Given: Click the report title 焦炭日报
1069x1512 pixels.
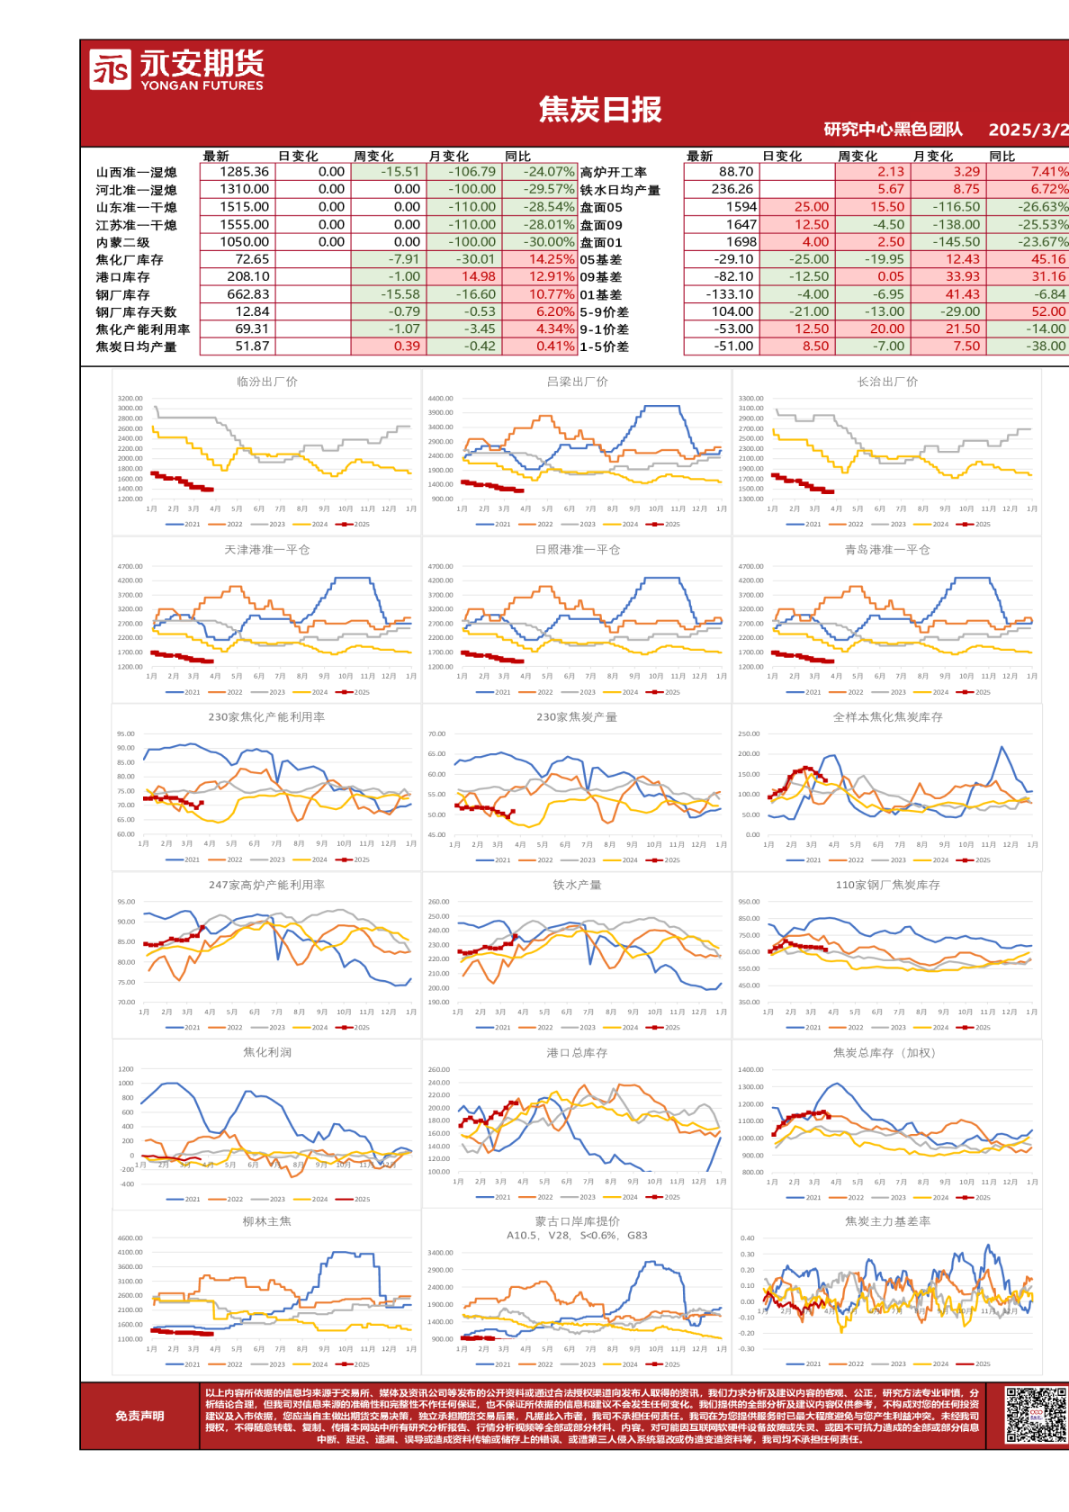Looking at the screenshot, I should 600,110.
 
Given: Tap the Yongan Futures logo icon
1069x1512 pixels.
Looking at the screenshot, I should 110,69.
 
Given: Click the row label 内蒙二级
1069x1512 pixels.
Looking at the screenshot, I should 122,242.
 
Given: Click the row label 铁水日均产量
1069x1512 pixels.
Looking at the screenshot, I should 620,190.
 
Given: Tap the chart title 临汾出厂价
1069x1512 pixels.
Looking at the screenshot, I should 266,382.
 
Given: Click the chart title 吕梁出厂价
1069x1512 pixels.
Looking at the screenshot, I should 577,382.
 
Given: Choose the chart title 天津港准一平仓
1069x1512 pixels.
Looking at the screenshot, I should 266,550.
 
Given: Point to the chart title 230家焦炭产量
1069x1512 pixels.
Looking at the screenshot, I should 577,717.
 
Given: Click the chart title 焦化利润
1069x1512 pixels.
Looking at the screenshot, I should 266,1052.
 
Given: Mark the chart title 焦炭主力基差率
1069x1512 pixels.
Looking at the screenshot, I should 887,1221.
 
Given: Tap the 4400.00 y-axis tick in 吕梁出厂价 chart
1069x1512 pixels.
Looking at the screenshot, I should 441,398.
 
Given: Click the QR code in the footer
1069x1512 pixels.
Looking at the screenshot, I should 1035,1415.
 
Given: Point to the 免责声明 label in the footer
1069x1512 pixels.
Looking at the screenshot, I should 139,1416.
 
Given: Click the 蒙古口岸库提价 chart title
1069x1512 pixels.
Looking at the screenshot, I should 577,1221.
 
